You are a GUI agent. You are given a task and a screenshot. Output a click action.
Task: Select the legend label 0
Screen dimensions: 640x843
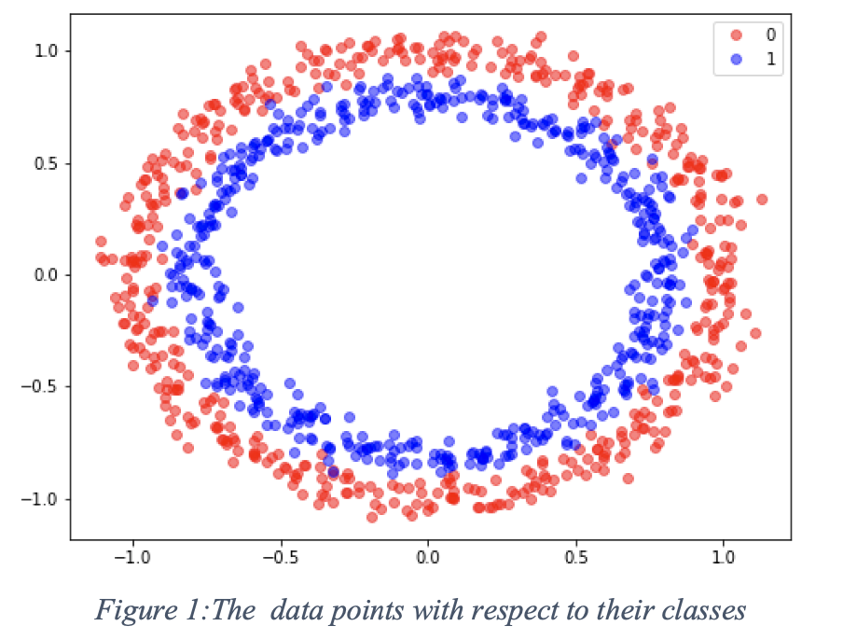(x=770, y=35)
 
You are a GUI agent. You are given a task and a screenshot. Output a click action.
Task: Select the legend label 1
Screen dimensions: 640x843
(x=770, y=61)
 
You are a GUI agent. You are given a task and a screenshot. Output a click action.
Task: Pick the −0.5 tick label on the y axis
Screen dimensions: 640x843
(x=43, y=386)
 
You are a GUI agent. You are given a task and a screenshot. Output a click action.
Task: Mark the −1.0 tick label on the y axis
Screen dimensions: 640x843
(x=43, y=498)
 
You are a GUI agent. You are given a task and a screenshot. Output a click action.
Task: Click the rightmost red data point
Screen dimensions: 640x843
(x=762, y=199)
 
